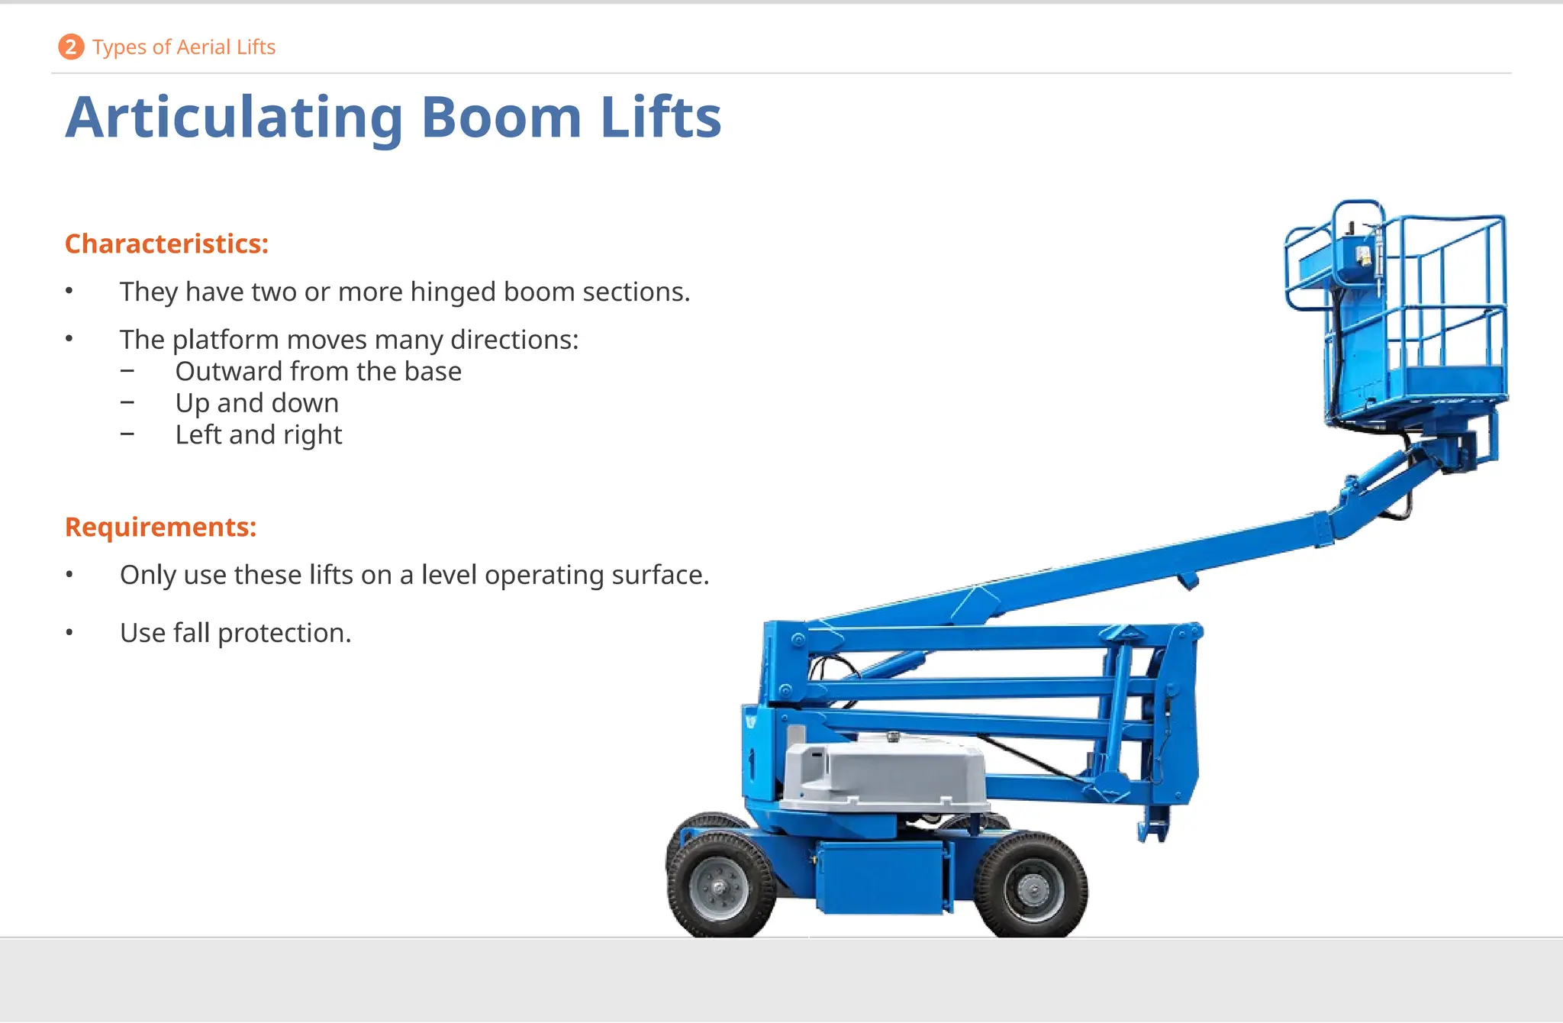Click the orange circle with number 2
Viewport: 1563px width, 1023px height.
coord(71,47)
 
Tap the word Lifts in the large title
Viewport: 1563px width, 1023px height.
coord(660,118)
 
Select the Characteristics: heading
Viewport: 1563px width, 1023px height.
coord(166,244)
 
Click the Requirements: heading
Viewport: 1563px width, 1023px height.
coord(160,527)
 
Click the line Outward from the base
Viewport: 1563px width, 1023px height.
coord(318,372)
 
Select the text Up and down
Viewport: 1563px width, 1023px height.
coord(256,403)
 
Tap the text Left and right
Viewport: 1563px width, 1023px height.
coord(258,435)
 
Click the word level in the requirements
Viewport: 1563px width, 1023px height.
coord(449,575)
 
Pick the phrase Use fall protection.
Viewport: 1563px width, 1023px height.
coord(235,633)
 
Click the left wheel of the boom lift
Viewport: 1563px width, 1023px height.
coord(720,886)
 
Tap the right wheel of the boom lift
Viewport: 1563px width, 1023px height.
coord(1033,888)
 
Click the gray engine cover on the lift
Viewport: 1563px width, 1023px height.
coord(885,775)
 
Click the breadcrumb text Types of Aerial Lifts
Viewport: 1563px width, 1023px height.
coord(184,47)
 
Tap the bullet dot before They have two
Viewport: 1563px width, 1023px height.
coord(69,291)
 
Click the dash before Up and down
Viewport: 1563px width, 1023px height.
coord(127,402)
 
